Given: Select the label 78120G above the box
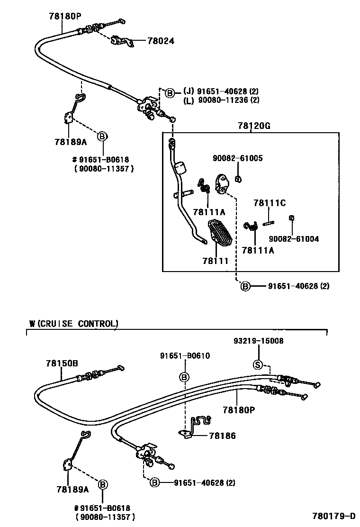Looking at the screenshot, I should click(251, 126).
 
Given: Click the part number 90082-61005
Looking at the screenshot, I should click(237, 158).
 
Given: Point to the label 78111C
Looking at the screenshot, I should click(270, 203).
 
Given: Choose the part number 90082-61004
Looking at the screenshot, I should click(294, 239).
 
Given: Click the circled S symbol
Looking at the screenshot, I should click(258, 364).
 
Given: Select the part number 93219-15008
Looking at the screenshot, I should click(259, 341).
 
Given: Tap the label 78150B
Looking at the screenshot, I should click(62, 363).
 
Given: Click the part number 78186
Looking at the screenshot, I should click(223, 436).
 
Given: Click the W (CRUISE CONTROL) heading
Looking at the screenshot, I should click(73, 324).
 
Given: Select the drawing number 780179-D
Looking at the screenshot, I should click(333, 516).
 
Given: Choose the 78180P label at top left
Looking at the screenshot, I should click(65, 16).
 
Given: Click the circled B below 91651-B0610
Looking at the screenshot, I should click(184, 377).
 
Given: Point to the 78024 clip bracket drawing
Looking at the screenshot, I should click(122, 41).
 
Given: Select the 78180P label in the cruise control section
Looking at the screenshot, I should click(239, 409).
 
